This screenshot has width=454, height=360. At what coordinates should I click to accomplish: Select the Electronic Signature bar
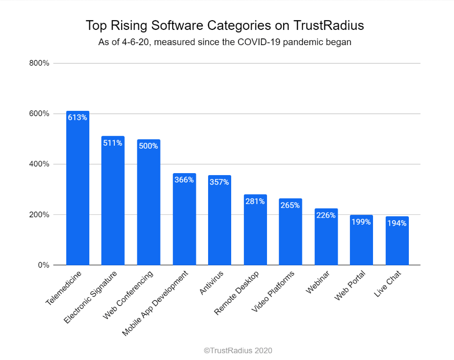click(113, 206)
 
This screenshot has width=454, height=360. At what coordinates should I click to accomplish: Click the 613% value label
click(78, 117)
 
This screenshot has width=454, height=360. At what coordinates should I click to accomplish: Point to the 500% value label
click(148, 146)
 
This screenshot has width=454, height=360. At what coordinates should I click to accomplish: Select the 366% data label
click(184, 180)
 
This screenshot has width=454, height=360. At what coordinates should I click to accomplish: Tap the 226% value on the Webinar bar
click(326, 215)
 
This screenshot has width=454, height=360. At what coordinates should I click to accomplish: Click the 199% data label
click(361, 222)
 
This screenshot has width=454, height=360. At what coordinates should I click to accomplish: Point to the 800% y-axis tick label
click(39, 63)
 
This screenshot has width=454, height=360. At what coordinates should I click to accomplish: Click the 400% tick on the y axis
click(39, 164)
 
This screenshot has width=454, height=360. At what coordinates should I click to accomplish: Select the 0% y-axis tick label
click(43, 265)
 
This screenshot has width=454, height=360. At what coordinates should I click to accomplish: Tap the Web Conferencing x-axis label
click(129, 294)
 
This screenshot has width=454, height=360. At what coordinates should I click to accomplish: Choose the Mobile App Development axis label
click(156, 303)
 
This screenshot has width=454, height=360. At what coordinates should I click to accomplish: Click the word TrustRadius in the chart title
click(322, 26)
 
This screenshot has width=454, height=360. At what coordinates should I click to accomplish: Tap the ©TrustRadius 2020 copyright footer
click(238, 351)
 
